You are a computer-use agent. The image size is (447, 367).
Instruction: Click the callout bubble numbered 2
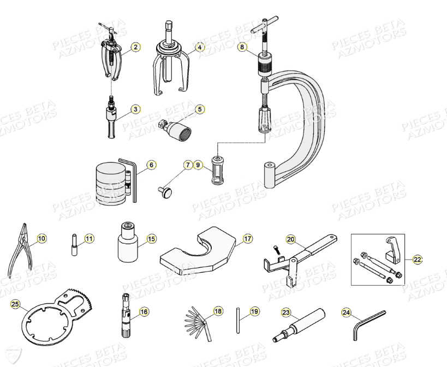click(135, 47)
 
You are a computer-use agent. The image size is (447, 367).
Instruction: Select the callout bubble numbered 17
click(248, 238)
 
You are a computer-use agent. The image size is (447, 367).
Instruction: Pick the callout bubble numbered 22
click(418, 260)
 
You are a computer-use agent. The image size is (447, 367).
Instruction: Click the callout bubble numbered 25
click(15, 304)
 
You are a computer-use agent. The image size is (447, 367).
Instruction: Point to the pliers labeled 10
click(20, 250)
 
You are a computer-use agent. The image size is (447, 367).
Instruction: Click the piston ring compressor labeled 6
click(113, 183)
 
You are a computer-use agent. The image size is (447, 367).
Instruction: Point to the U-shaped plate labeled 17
click(196, 251)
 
